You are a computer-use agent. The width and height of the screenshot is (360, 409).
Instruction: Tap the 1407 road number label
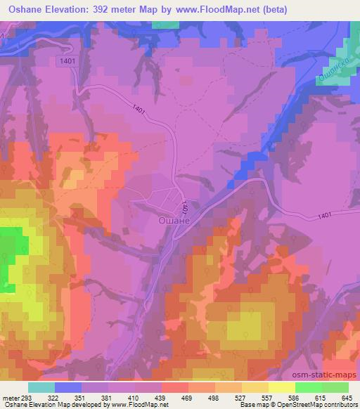(184, 207)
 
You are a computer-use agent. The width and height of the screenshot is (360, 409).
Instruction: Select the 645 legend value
(347, 397)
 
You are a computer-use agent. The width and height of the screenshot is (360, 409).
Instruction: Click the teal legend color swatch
(41, 387)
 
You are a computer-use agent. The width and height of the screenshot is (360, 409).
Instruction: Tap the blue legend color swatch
(68, 387)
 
